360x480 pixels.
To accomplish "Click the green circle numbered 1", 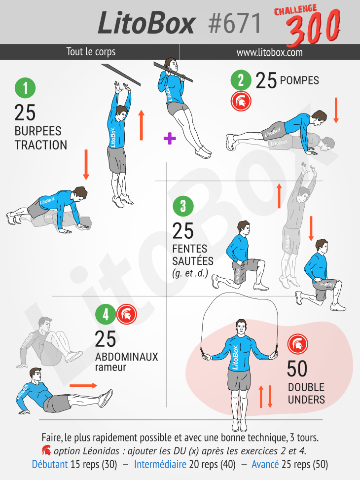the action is pos(25,88).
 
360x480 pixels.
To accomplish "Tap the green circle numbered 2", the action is pos(241,80).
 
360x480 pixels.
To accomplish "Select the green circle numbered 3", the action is pos(183,206).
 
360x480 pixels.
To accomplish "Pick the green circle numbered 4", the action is pos(106,314).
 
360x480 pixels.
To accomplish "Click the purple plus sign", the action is pos(170,138).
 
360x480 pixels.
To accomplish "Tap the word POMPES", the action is pos(299,80).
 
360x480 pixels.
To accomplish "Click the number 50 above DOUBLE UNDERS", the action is pos(297,369).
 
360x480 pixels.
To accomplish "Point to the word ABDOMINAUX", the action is pos(126,357).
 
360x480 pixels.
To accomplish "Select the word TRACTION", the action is pos(41,145).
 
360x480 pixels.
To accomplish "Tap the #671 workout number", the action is pos(234,24).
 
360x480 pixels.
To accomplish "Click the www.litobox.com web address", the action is pos(269,52).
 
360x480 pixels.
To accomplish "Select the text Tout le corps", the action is pos(91,51).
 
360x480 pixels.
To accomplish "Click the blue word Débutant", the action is pos(50,464).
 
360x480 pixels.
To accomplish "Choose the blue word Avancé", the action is pos(265,464).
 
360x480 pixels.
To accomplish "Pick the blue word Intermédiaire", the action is pos(160,464).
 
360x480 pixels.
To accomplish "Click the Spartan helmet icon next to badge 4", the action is pos(126,314).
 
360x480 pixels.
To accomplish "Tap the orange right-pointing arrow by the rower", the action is pos(83,386).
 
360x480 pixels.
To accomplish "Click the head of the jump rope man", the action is pos(241,328).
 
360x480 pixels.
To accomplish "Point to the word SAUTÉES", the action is pos(192,261).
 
